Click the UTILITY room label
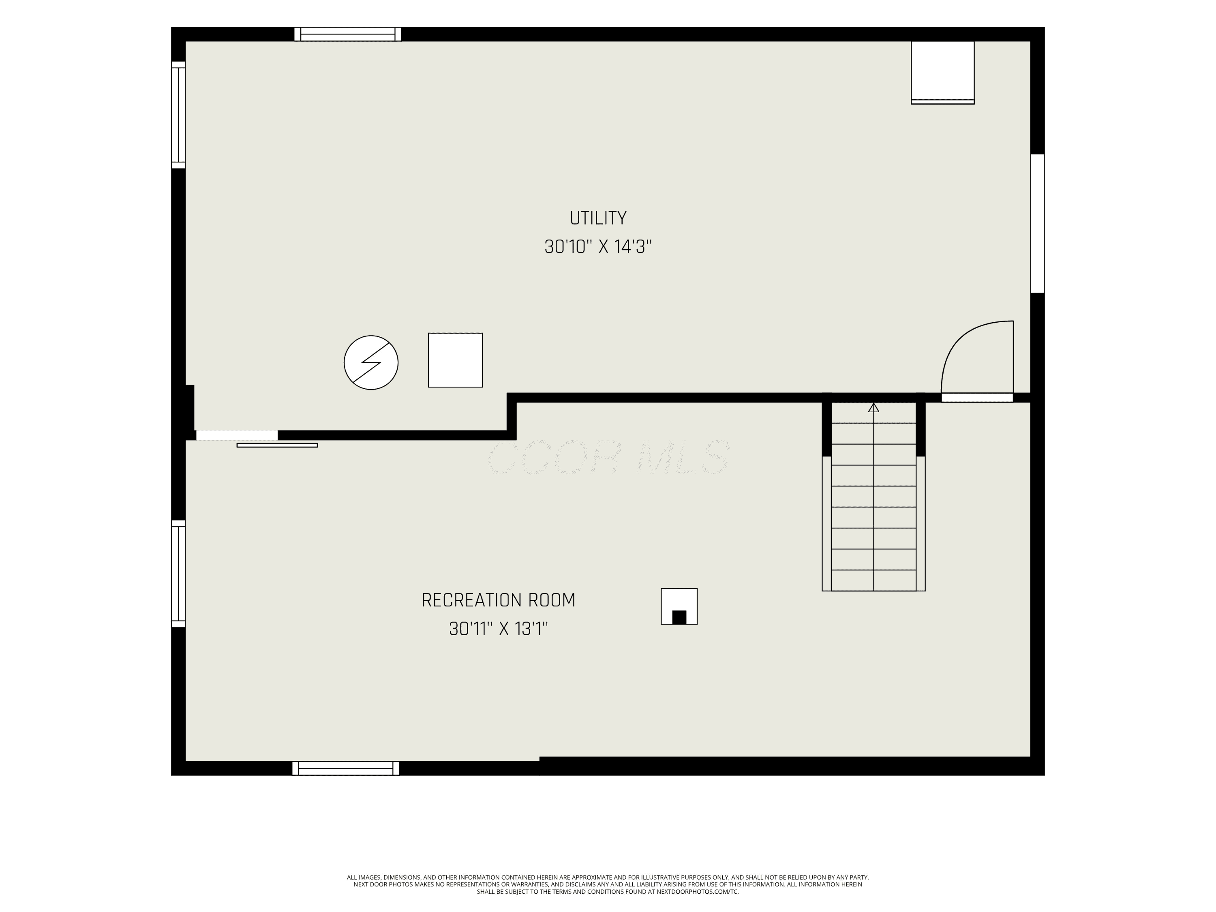(x=598, y=218)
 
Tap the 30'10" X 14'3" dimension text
(x=598, y=247)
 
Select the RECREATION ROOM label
(x=498, y=600)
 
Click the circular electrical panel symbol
(x=371, y=363)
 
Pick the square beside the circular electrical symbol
(x=455, y=360)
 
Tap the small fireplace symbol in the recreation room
(x=679, y=606)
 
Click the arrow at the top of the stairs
(x=873, y=407)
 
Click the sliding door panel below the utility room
(x=277, y=445)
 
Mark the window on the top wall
(x=348, y=34)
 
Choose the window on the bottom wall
(x=346, y=768)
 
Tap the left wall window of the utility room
(x=178, y=115)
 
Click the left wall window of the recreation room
(x=178, y=574)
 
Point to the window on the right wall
(x=1037, y=223)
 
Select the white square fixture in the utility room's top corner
(x=943, y=73)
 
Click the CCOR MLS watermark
(x=608, y=457)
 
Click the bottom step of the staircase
(x=873, y=580)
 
